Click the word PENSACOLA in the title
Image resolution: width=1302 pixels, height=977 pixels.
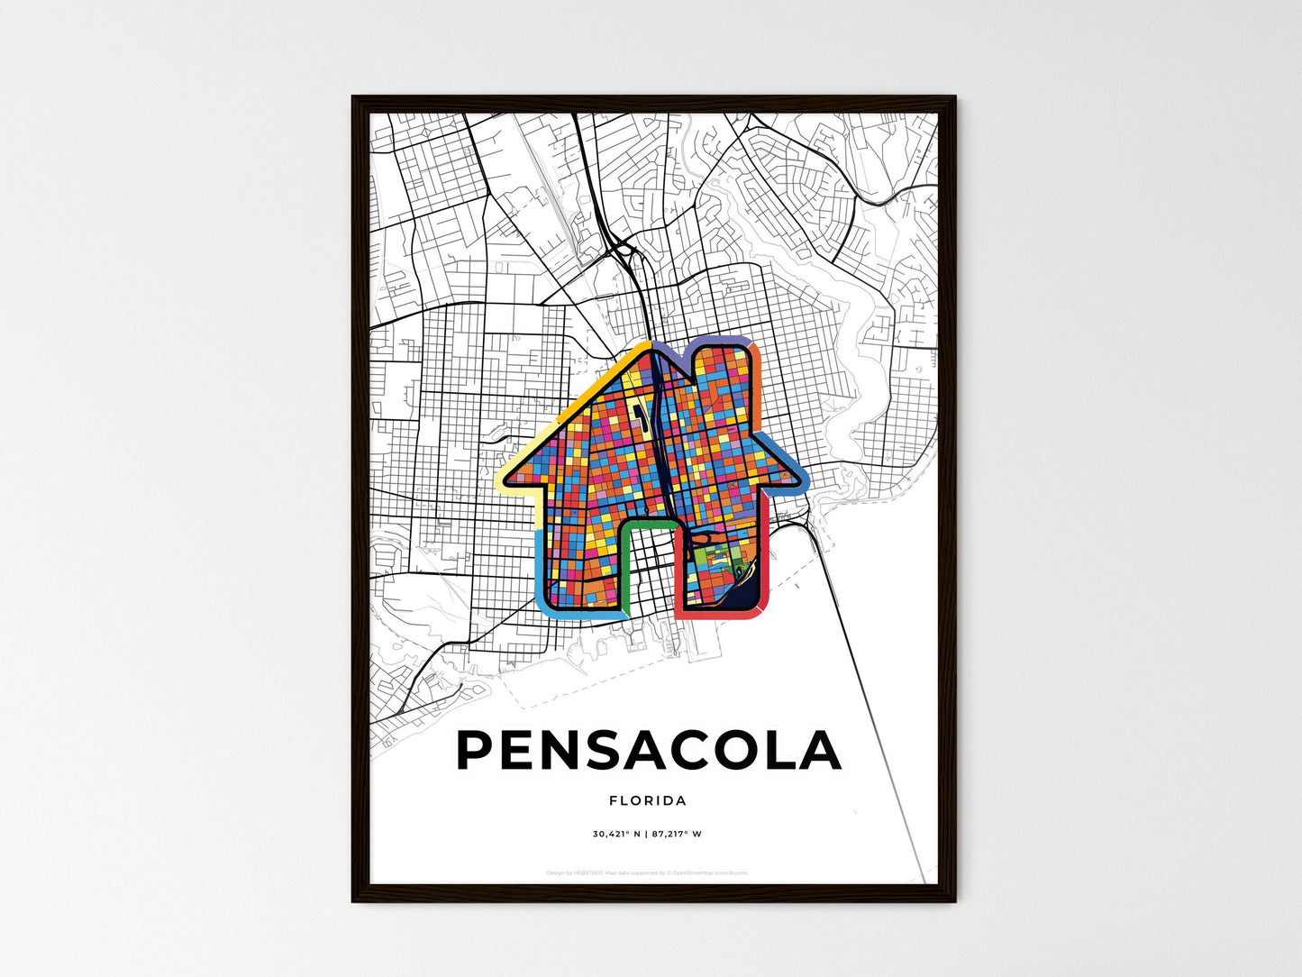[x=649, y=750]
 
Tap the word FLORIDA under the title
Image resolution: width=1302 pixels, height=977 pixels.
[x=648, y=800]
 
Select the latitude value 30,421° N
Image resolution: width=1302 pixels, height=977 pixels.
[x=616, y=834]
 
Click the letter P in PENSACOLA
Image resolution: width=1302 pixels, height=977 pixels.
[x=478, y=750]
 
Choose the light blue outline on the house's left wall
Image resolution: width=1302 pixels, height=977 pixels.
[x=540, y=568]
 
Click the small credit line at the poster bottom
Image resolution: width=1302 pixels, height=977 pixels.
[x=647, y=872]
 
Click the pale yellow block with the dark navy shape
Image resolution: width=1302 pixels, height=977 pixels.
[x=641, y=414]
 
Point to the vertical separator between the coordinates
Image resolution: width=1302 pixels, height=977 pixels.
[x=647, y=834]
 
